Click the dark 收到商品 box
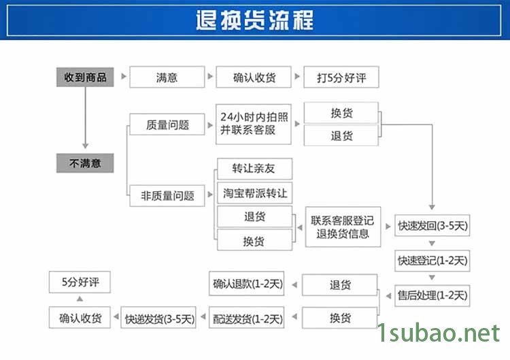(x=85, y=78)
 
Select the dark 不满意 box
(x=85, y=163)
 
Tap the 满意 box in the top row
(x=167, y=78)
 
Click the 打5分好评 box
(x=341, y=78)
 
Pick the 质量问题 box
(x=167, y=125)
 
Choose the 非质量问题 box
(x=167, y=196)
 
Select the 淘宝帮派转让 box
(x=254, y=193)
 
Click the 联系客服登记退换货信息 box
(x=343, y=227)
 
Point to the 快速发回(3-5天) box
(x=432, y=225)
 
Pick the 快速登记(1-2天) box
(x=432, y=260)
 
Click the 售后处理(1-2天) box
(x=432, y=295)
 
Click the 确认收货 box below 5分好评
(x=80, y=318)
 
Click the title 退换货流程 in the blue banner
(x=254, y=20)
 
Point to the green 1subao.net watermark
(x=438, y=333)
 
